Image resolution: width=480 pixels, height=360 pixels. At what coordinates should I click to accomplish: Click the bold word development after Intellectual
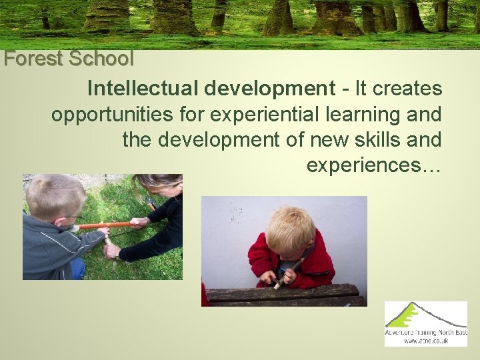click(270, 88)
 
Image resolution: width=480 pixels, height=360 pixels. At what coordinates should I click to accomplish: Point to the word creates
click(408, 88)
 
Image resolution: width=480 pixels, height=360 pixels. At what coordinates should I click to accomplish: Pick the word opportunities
click(114, 115)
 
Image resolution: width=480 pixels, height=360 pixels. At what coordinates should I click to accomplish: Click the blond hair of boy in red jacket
click(289, 227)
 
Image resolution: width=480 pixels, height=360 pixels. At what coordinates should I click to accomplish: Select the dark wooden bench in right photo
click(287, 295)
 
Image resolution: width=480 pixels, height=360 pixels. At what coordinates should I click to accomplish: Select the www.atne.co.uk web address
click(426, 341)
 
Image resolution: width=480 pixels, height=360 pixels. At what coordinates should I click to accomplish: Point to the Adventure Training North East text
click(426, 332)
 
